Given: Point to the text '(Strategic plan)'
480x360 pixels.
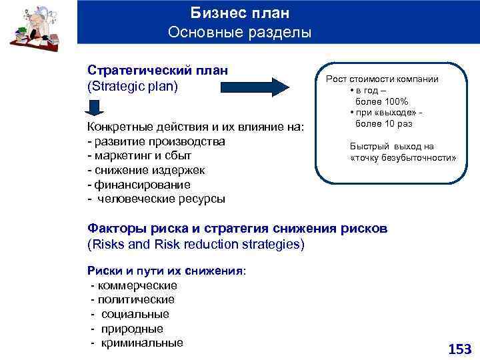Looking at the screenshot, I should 133,86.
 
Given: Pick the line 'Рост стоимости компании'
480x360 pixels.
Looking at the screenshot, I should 382,79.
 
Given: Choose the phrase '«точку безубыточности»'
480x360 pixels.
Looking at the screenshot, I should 403,158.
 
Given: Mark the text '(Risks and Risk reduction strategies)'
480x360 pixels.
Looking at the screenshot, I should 196,244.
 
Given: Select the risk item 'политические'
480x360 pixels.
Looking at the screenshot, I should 136,299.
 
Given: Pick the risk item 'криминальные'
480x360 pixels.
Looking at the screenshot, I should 142,343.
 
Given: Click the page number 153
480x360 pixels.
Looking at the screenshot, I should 459,348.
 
